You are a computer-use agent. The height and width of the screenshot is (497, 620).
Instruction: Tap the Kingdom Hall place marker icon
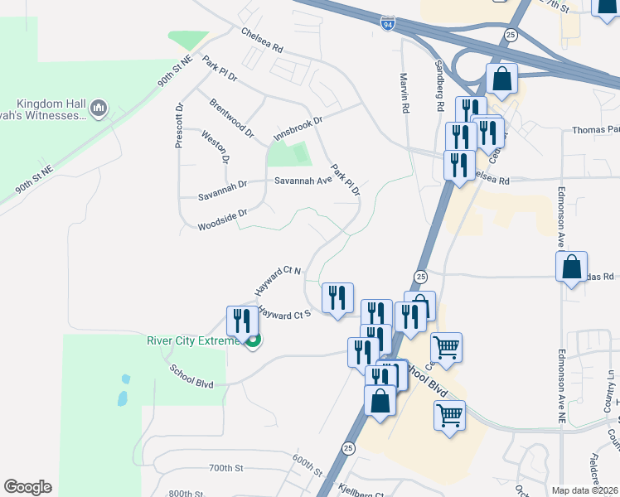pos(99,107)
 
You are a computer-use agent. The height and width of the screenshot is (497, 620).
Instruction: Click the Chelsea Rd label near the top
pos(261,38)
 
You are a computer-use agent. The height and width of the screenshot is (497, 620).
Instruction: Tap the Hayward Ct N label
pos(278,282)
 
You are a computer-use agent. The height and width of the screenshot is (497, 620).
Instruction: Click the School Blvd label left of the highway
pos(191,377)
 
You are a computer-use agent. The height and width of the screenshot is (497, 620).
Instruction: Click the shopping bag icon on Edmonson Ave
pos(571,267)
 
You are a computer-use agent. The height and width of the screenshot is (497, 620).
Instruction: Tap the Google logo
pos(27,487)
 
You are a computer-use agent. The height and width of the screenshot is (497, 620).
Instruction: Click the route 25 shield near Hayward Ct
pos(420,276)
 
